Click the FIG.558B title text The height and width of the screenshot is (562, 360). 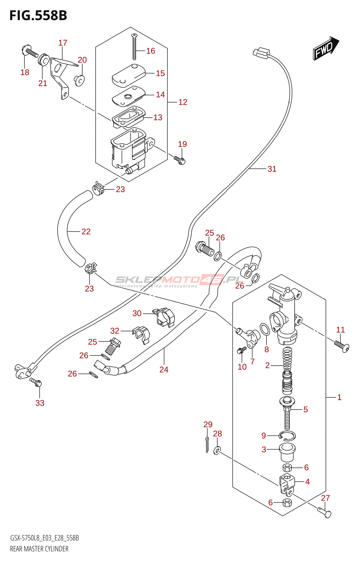[38, 15]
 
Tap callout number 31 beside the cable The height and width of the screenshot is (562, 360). [272, 169]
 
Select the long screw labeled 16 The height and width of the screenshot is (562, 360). [134, 47]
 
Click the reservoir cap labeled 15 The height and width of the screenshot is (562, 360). [129, 76]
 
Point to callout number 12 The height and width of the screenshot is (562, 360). [183, 102]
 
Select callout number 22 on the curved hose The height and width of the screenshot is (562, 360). [86, 231]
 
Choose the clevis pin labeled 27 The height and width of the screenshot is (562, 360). [324, 511]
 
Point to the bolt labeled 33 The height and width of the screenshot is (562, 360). [36, 382]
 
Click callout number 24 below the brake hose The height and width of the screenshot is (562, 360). [164, 369]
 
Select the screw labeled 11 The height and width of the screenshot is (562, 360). [341, 346]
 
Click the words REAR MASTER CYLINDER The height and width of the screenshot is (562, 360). [39, 549]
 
